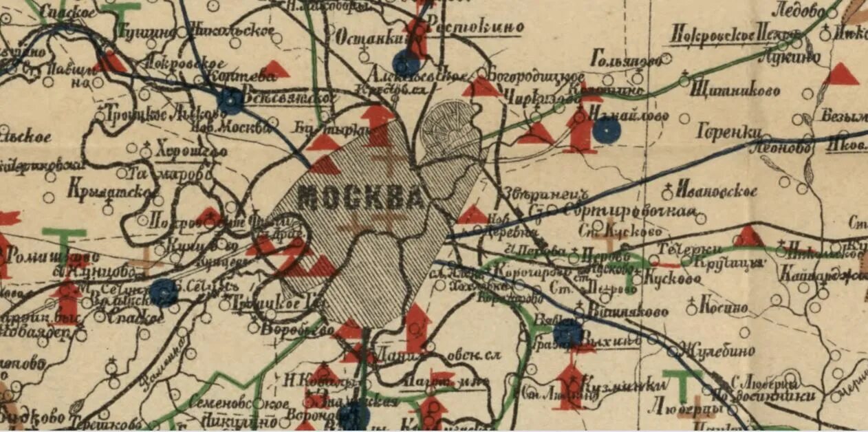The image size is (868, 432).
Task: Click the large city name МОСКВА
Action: point(360,199)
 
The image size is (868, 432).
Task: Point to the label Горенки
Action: point(729,131)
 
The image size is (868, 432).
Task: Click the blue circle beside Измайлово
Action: point(607,130)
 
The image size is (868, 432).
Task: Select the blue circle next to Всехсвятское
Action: point(230,100)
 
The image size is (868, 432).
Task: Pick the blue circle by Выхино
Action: point(568,333)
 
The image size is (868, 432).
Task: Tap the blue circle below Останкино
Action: point(406,63)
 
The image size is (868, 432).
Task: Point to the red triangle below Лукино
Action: point(841,74)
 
